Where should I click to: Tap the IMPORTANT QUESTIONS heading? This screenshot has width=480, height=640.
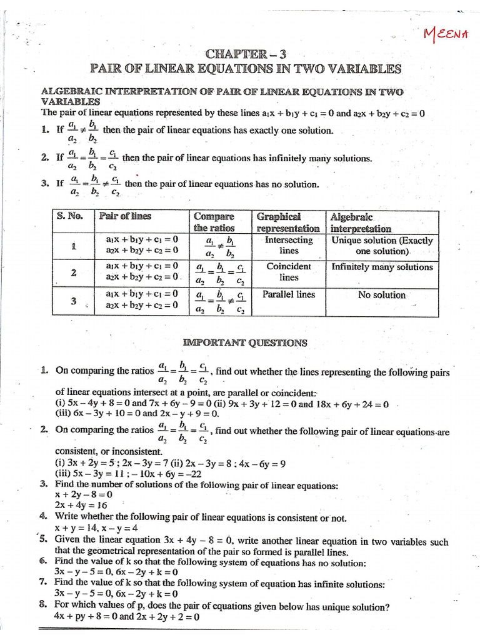click(244, 342)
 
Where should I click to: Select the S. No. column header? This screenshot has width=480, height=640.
click(70, 216)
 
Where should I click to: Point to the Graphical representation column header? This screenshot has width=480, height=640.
click(288, 222)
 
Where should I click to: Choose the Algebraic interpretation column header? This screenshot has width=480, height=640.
click(361, 222)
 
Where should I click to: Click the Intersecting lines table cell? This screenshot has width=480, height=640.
click(289, 245)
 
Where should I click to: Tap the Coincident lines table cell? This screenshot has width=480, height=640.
click(289, 271)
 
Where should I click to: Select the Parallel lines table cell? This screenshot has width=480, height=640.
click(289, 294)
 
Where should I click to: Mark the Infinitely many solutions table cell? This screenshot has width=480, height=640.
click(382, 267)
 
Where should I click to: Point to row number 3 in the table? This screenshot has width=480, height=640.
click(73, 301)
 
